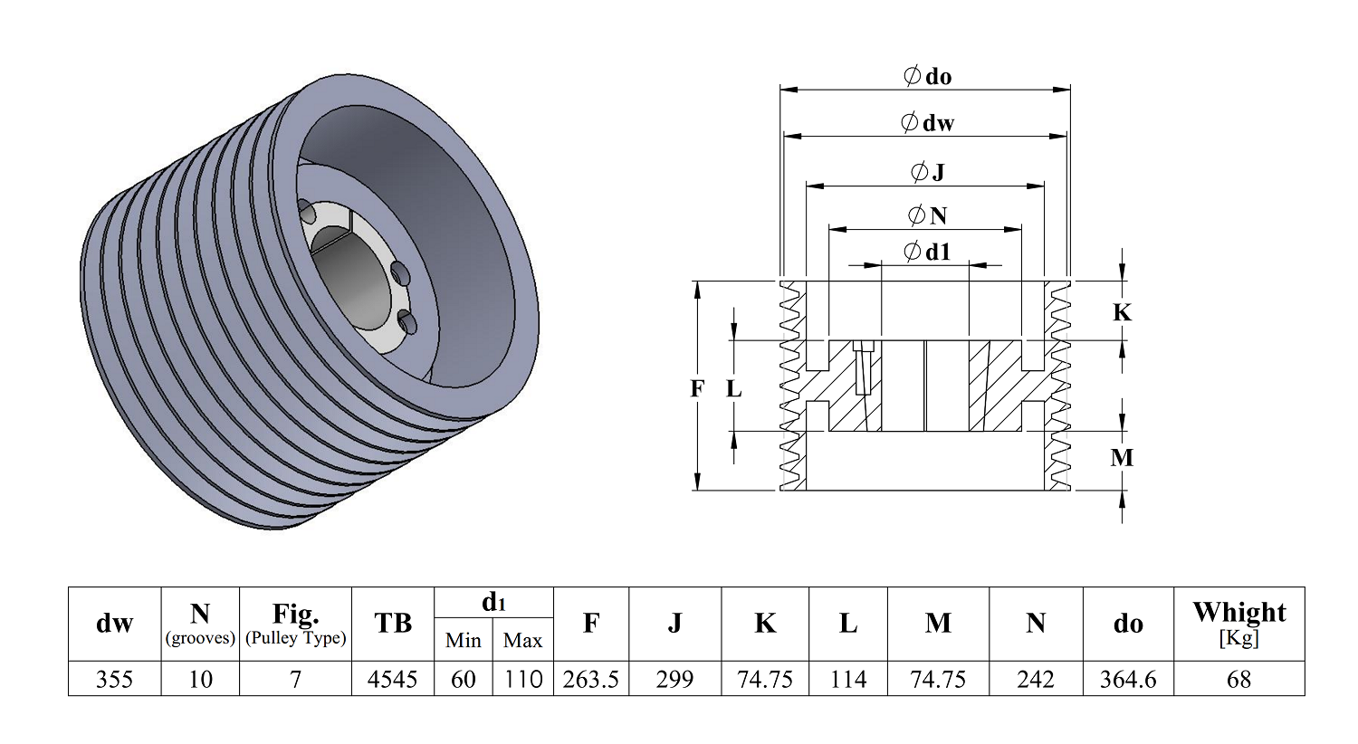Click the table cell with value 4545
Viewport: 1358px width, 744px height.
[392, 679]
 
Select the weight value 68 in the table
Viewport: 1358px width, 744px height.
[1238, 679]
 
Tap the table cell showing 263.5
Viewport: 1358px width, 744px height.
[590, 679]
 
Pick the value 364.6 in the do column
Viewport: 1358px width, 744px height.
[1128, 679]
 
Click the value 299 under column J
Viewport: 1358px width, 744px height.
[674, 679]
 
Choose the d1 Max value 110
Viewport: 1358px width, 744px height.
[522, 679]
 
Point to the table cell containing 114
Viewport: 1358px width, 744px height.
[847, 679]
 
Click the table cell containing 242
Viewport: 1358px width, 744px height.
[1036, 679]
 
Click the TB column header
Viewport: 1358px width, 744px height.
[393, 623]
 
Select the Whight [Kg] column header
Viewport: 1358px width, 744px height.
[1239, 624]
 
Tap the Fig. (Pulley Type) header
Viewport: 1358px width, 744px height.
[295, 624]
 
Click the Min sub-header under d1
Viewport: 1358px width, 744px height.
[464, 641]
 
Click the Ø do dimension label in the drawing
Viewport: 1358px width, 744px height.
[927, 76]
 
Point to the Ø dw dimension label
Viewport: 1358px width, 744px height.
[928, 123]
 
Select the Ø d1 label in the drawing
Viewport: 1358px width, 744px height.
[927, 252]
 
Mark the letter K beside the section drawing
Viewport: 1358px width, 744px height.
[1123, 312]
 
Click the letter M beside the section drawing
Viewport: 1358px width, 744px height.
[1122, 458]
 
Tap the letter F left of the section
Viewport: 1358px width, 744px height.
[697, 388]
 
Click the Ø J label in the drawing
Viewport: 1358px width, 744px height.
[928, 172]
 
